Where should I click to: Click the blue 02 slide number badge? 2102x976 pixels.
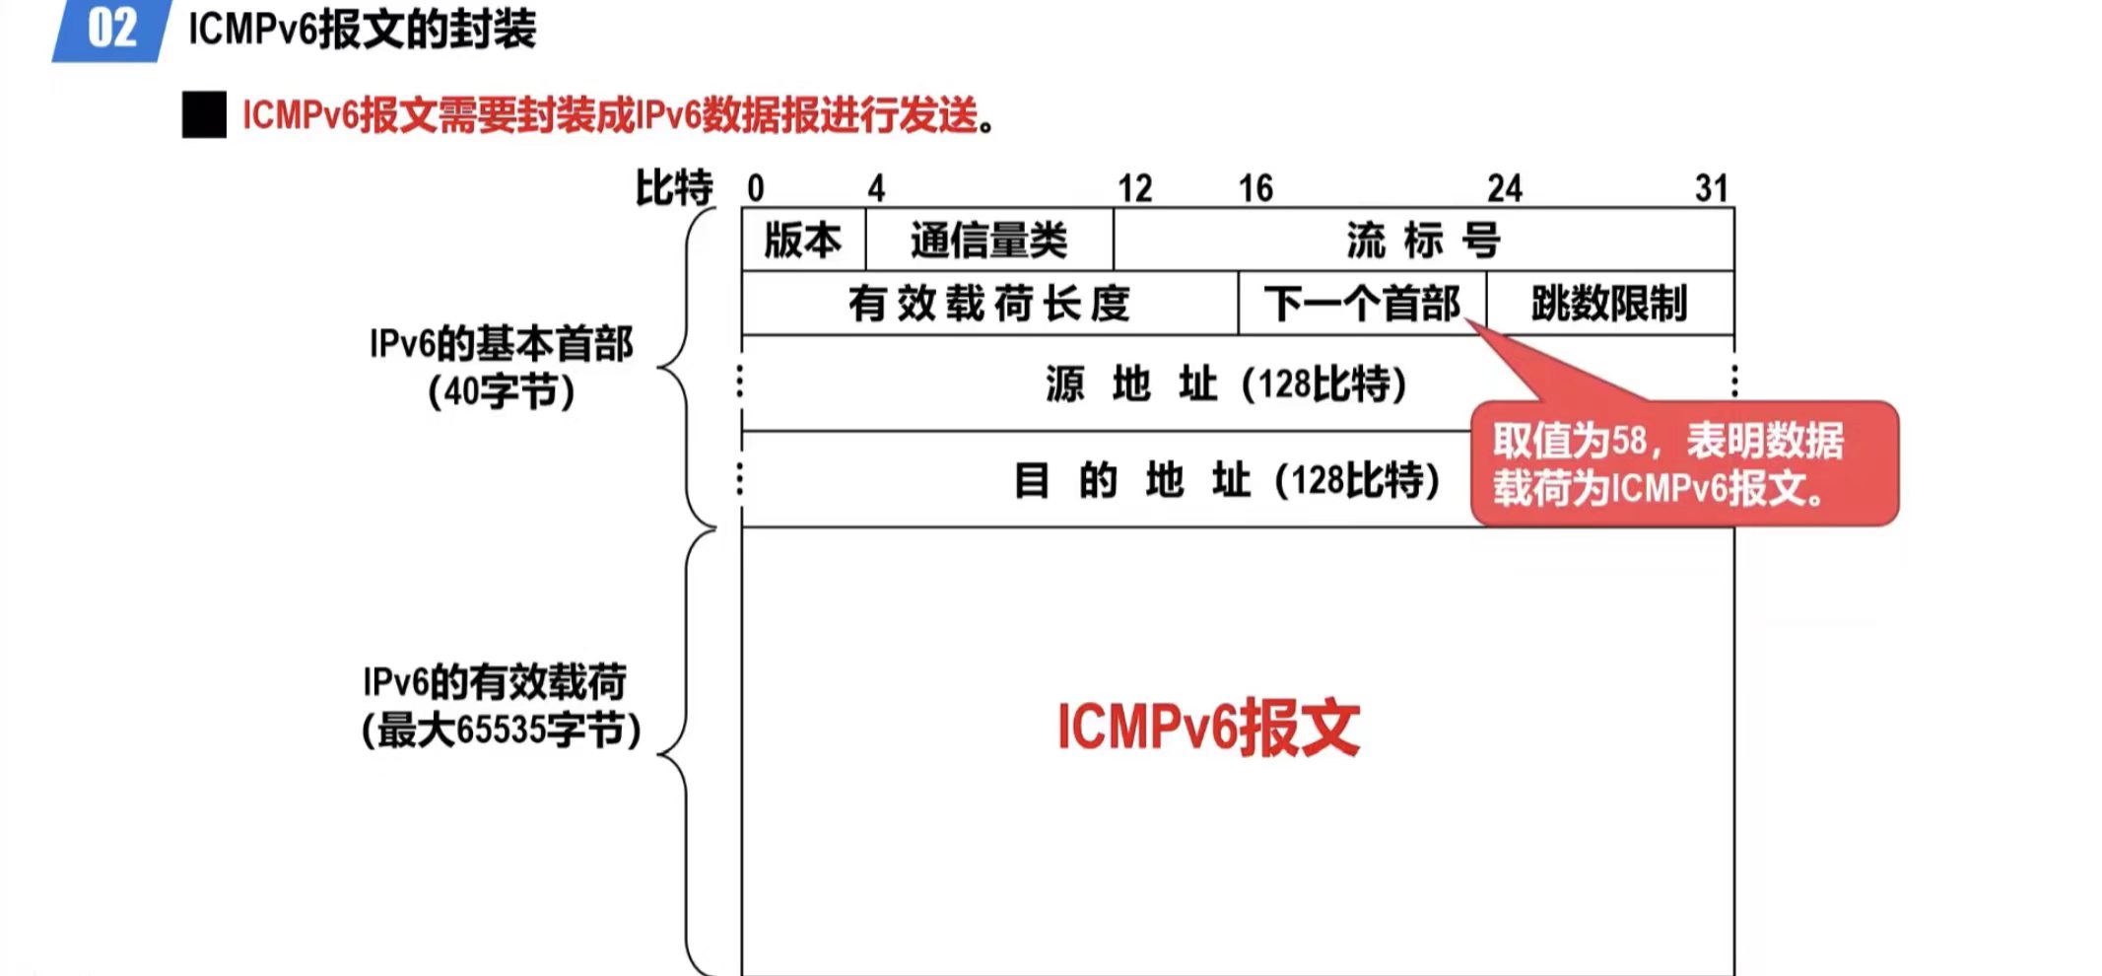110,30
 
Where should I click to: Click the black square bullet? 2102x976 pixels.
204,115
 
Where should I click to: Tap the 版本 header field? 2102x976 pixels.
803,240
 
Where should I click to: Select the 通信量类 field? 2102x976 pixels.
988,240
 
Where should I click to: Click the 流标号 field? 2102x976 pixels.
1422,240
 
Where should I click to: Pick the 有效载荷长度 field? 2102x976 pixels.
988,304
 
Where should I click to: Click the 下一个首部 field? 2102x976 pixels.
1361,304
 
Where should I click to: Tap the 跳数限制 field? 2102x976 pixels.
1608,304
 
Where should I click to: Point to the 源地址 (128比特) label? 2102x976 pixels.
1226,383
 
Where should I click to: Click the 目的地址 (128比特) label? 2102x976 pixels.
1226,480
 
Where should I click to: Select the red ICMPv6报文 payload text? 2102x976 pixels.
1208,728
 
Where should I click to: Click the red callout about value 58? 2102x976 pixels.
1683,463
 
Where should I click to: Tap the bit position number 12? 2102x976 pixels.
1134,187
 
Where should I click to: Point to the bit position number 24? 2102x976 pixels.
1505,187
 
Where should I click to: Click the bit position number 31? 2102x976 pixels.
1712,187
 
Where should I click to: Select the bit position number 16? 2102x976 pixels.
1255,187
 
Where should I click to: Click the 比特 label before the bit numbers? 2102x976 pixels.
674,187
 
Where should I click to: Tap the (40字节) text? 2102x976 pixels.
501,391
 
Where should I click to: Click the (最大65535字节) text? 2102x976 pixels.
501,731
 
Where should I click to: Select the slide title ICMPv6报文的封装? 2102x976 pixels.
362,30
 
